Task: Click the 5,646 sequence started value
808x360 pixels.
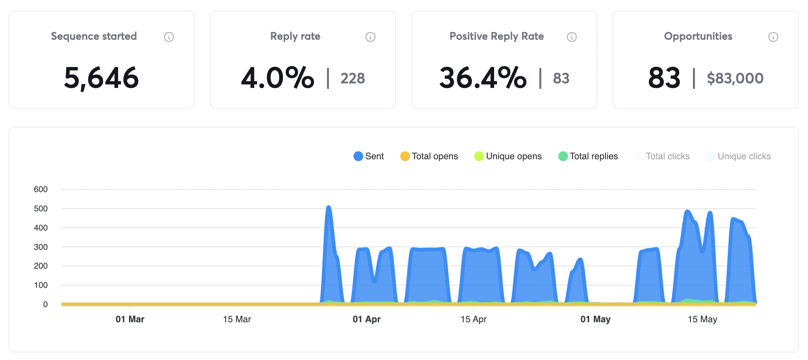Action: point(101,78)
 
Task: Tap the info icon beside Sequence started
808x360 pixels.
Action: point(169,37)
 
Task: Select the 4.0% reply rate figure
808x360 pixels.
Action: point(278,78)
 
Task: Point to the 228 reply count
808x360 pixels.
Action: point(353,78)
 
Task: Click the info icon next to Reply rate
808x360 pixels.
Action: point(370,37)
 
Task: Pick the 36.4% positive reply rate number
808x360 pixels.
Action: point(483,78)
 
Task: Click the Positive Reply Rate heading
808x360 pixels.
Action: point(496,36)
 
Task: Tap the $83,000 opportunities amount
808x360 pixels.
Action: point(735,78)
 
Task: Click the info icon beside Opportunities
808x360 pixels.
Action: point(773,37)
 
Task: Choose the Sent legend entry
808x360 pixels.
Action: point(369,156)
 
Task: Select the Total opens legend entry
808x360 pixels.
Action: point(429,156)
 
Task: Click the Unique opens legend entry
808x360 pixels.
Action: point(508,156)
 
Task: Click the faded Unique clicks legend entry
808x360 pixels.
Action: point(738,156)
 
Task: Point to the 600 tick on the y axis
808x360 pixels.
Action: point(41,189)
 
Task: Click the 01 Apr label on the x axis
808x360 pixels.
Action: point(366,319)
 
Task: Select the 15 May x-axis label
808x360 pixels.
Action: point(702,319)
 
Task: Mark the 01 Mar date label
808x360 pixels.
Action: point(130,319)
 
